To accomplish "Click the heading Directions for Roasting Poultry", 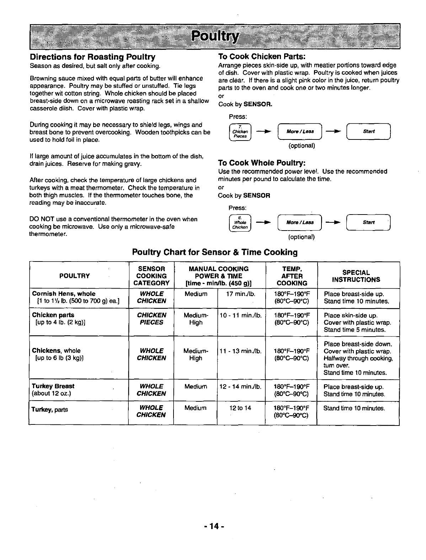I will coord(93,57).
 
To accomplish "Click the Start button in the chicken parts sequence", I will coord(368,131).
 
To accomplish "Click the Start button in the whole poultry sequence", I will coord(368,223).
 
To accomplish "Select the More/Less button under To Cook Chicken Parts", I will coord(300,131).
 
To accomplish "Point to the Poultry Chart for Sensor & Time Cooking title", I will coord(215,252).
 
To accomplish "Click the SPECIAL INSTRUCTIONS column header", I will coord(356,276).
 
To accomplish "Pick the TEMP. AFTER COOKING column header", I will coord(292,276).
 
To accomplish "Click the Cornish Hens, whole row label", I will coord(64,294).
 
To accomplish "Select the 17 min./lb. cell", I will coord(241,294).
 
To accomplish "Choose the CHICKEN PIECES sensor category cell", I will coord(151,319).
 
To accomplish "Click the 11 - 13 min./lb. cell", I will coord(241,351).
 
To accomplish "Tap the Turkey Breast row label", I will coord(53,386).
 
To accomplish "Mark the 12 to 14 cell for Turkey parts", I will coord(240,408).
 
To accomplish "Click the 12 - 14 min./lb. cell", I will coord(241,387).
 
